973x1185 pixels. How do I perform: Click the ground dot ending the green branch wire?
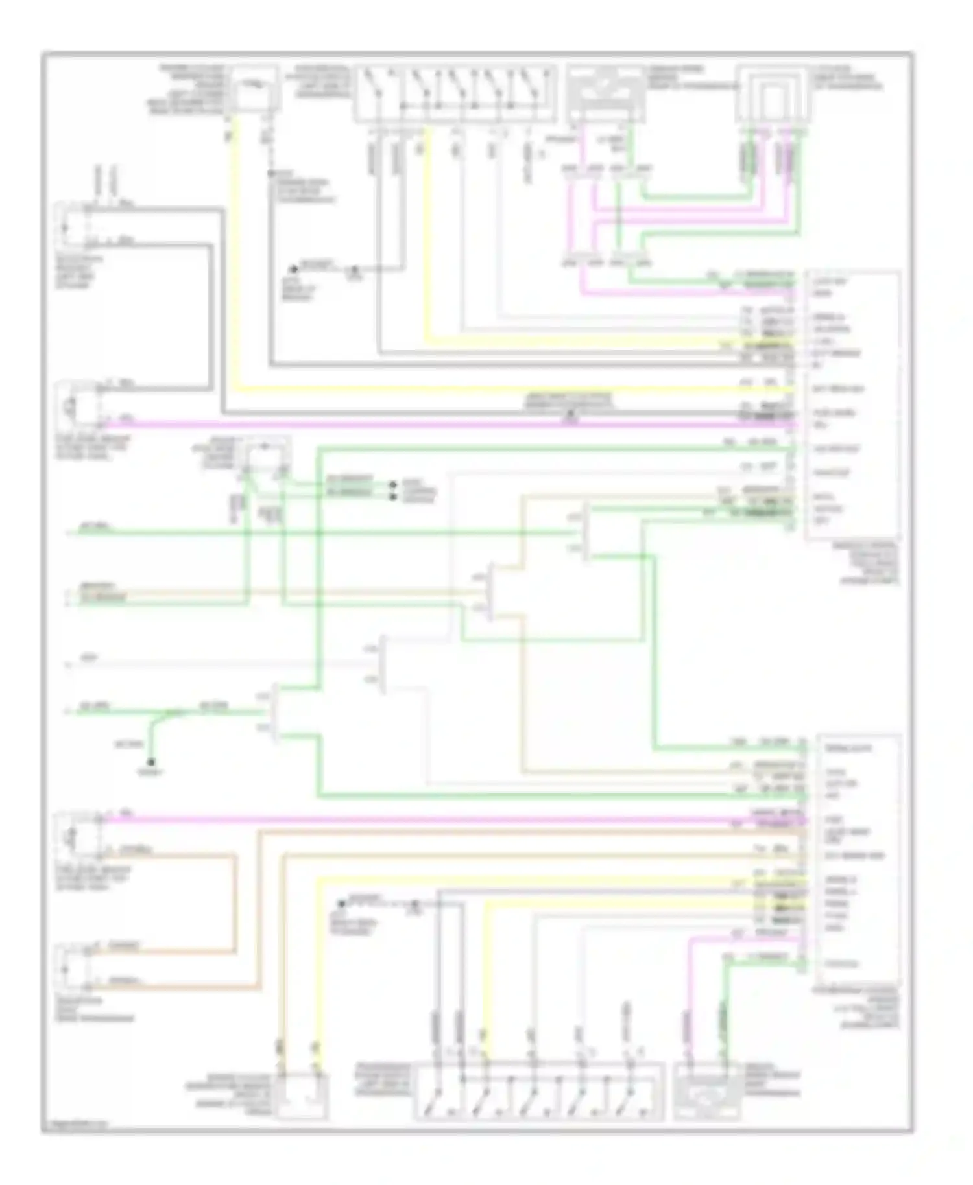(x=150, y=762)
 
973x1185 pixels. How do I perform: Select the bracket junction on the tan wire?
(x=490, y=592)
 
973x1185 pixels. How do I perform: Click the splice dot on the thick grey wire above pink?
(x=571, y=413)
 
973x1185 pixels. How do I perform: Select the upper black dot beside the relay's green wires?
(x=392, y=484)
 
